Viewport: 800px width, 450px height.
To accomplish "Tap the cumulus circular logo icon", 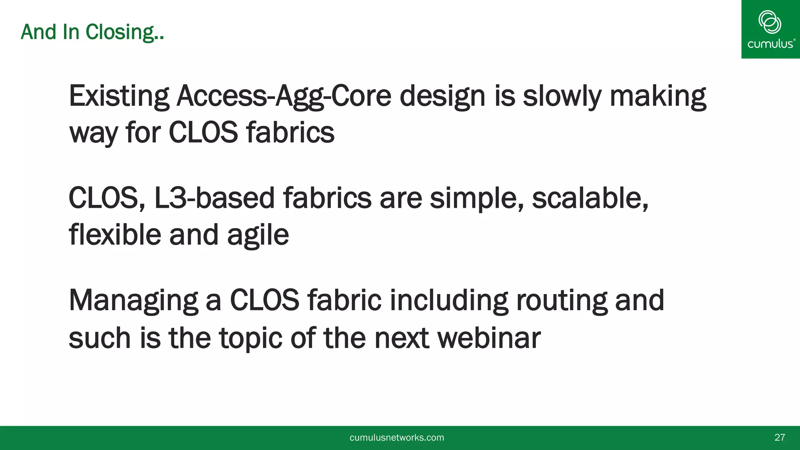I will [770, 22].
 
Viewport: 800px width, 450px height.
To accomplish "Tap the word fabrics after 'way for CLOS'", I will [290, 132].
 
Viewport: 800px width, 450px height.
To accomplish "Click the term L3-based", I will [214, 198].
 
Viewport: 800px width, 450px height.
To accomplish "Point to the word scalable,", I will [590, 198].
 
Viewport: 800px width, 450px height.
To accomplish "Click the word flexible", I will [115, 235].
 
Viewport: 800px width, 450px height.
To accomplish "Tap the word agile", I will [258, 236].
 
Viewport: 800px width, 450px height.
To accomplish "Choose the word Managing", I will [133, 301].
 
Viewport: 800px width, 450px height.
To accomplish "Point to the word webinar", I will [489, 337].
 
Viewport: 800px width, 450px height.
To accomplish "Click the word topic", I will [251, 338].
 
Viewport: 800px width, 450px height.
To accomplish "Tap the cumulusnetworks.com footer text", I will [396, 438].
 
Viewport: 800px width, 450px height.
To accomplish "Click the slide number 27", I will [779, 437].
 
